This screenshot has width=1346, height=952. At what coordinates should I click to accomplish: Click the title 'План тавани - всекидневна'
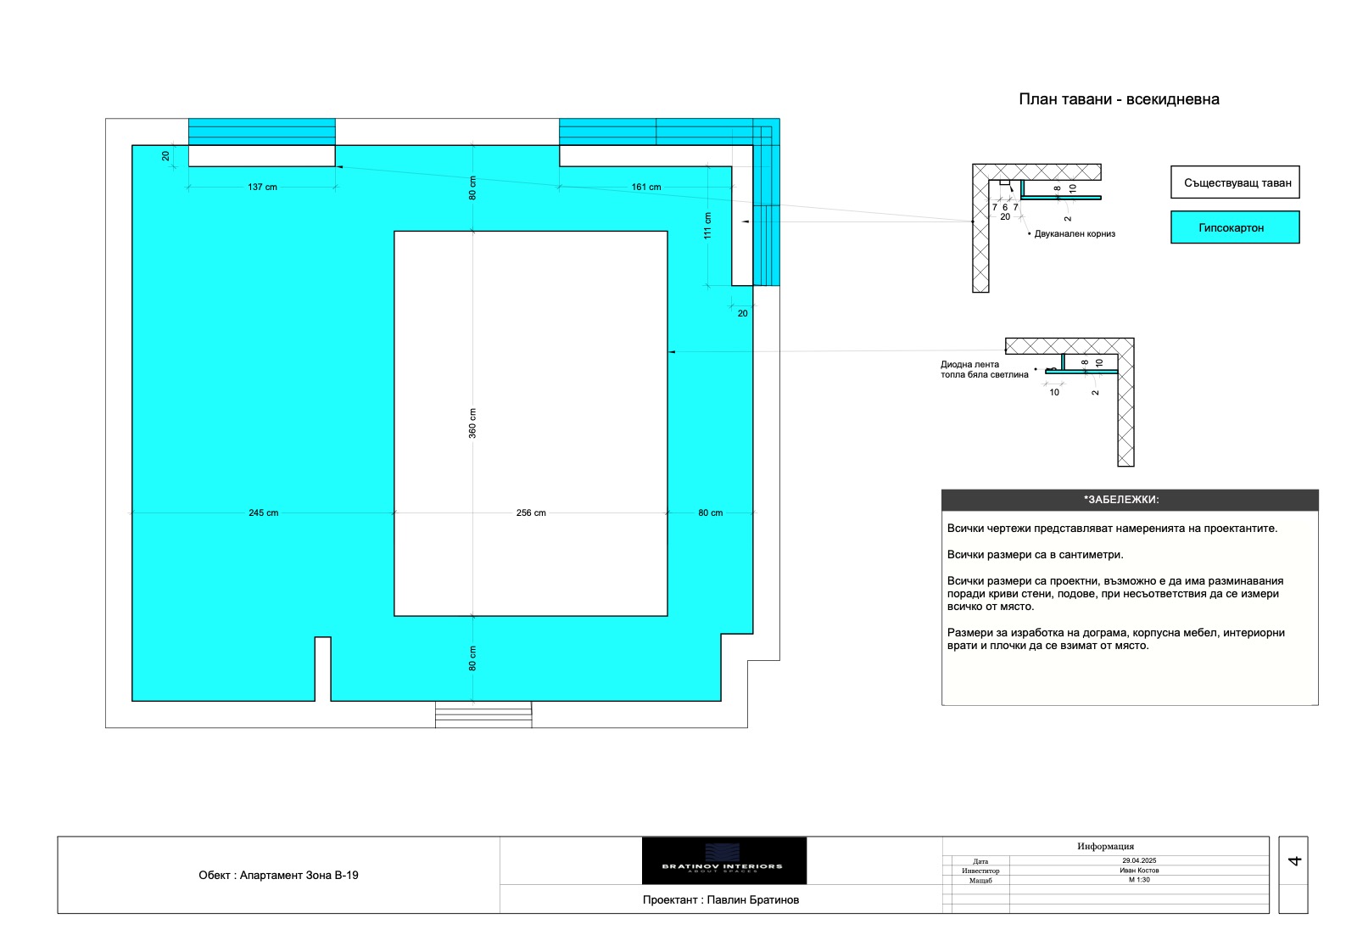[x=1119, y=99]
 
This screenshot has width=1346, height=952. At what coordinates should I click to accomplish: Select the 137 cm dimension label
[x=263, y=187]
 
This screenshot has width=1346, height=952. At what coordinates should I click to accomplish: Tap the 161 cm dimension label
[x=646, y=187]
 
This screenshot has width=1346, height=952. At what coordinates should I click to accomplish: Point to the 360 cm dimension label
[x=472, y=423]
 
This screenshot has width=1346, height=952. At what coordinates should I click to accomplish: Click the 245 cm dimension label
[x=263, y=512]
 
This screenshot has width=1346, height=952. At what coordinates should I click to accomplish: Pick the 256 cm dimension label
[x=531, y=512]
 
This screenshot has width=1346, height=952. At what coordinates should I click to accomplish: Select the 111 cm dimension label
[x=707, y=226]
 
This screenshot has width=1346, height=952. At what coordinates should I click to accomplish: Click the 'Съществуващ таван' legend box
[x=1236, y=182]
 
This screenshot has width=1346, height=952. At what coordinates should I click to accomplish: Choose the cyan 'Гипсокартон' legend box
[x=1236, y=227]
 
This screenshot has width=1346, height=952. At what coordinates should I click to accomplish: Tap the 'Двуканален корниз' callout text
[x=1075, y=233]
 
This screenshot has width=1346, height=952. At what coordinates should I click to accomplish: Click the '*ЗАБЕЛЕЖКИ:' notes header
[x=1121, y=500]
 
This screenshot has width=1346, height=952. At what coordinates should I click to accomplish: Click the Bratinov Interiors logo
[x=724, y=860]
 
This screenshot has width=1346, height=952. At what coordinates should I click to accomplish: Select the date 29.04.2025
[x=1139, y=860]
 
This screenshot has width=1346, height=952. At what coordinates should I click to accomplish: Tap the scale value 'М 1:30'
[x=1139, y=879]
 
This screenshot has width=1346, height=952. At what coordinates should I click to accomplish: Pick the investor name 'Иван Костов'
[x=1139, y=870]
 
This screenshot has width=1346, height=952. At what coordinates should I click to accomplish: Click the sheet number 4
[x=1293, y=860]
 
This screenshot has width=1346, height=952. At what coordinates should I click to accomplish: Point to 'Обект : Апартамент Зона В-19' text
[x=278, y=875]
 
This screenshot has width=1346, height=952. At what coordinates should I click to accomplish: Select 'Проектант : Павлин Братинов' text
[x=721, y=899]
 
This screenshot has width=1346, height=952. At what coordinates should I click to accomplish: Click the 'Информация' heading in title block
[x=1106, y=846]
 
